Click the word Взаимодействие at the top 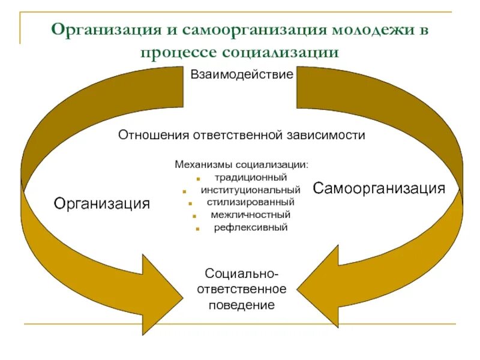242,75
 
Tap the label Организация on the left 102,203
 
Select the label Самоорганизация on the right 379,188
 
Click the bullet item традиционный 251,178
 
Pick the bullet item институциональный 251,190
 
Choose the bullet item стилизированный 251,202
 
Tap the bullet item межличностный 251,215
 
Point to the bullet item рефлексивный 251,227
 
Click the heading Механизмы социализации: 242,164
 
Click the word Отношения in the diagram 152,135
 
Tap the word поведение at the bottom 242,305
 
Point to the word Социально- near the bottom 242,274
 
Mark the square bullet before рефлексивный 197,229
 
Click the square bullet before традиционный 198,179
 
